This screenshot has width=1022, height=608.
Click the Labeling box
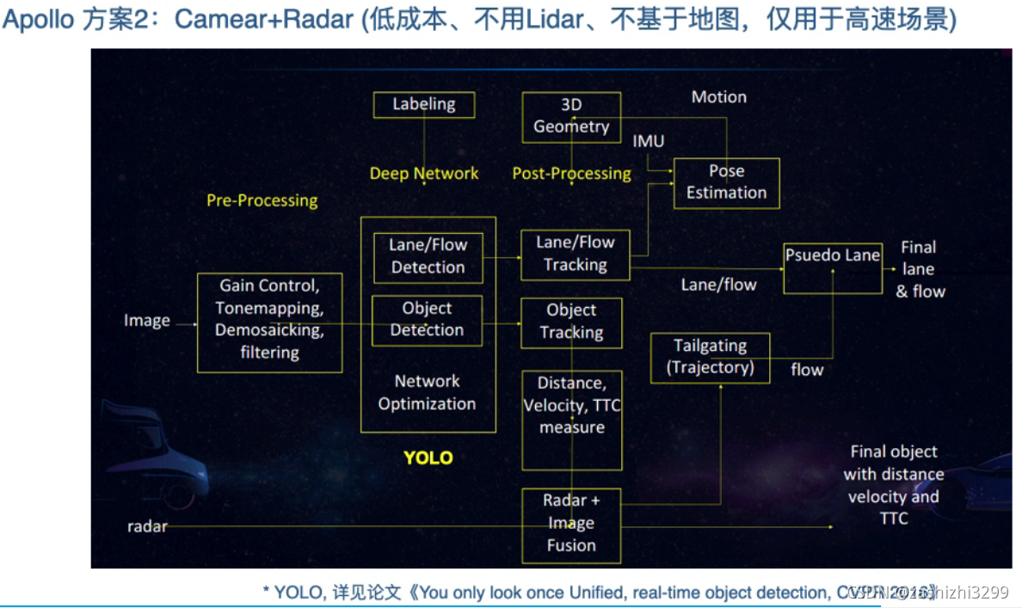click(x=424, y=104)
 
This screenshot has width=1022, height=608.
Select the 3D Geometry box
click(x=571, y=116)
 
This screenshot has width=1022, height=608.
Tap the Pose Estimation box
click(x=726, y=182)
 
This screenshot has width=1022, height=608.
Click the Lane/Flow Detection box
click(x=428, y=256)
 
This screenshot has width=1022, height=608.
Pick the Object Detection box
click(x=427, y=320)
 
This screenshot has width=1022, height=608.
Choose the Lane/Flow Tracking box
click(x=575, y=255)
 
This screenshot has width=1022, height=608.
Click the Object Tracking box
click(x=571, y=322)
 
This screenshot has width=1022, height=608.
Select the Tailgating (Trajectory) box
click(x=710, y=358)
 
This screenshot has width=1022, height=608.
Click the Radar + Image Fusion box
click(x=571, y=523)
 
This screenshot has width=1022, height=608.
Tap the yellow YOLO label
click(x=428, y=458)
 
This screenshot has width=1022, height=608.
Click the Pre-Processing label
click(x=262, y=200)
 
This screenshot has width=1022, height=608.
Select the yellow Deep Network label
click(x=424, y=174)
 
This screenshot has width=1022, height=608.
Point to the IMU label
click(x=649, y=141)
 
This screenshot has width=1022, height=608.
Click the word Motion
click(x=719, y=97)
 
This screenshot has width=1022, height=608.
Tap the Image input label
click(x=147, y=321)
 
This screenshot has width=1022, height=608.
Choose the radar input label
click(x=147, y=526)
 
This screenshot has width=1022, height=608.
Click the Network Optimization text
click(x=427, y=392)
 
